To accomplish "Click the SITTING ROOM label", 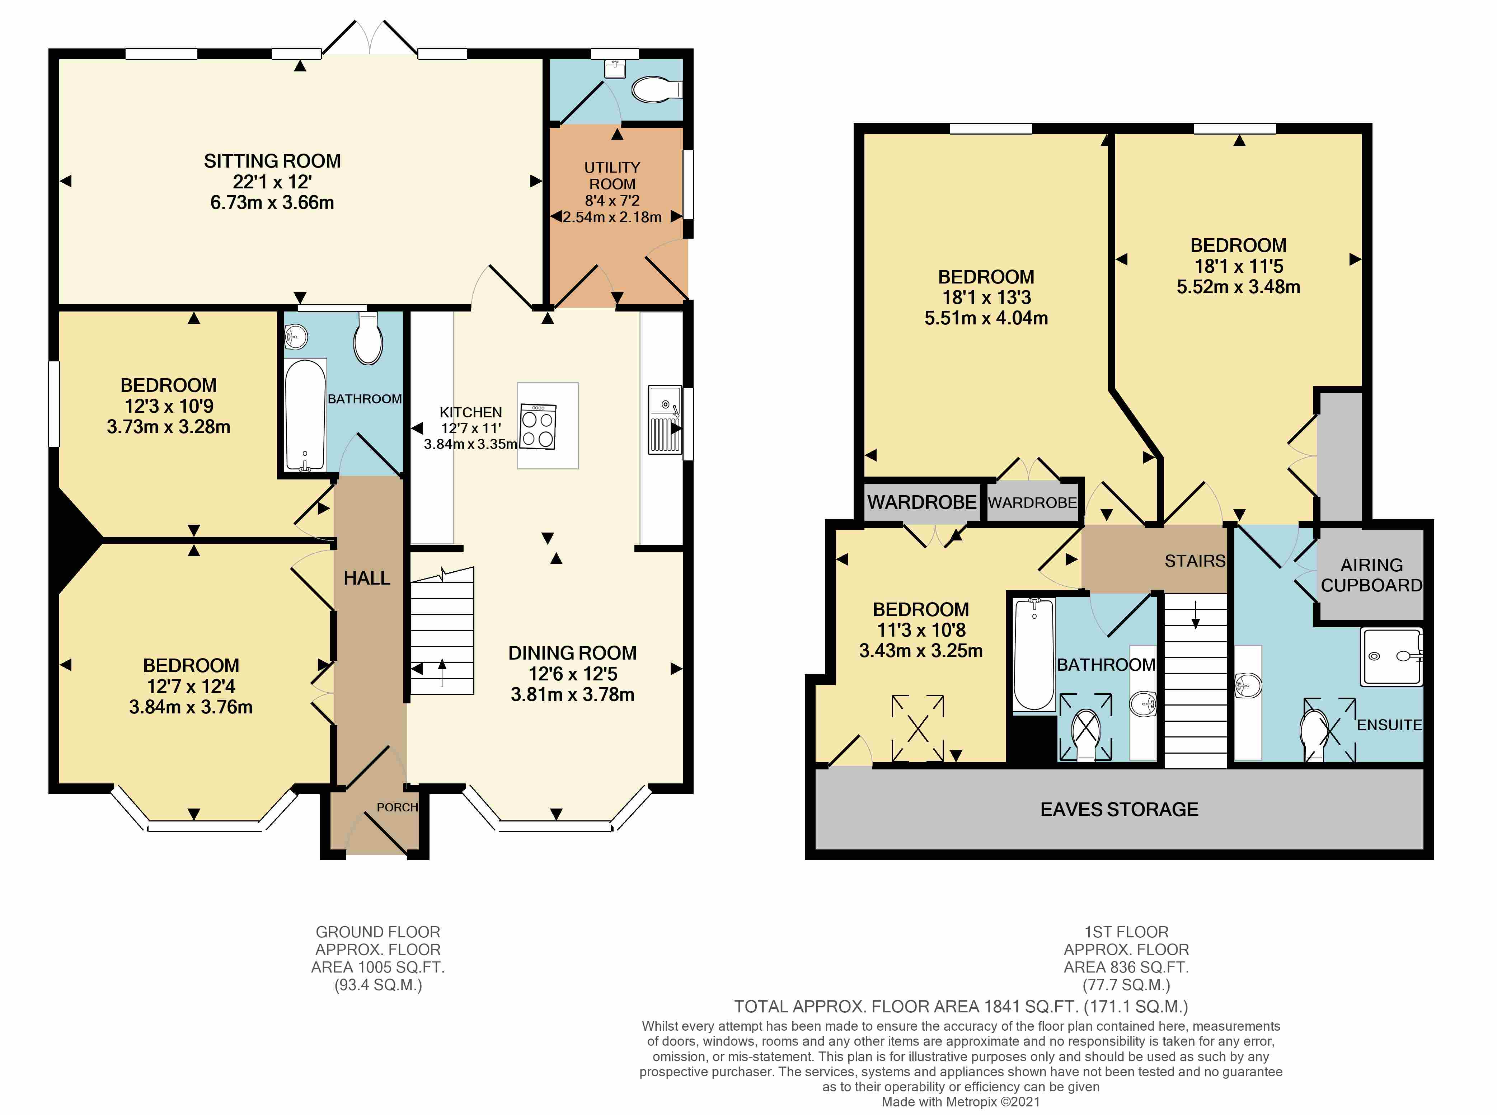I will click(x=272, y=161).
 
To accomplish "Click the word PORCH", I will click(x=397, y=807).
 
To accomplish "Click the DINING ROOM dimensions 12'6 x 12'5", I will click(x=572, y=674).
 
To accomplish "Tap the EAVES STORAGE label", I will click(x=1119, y=809).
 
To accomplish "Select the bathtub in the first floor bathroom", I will click(x=1033, y=653).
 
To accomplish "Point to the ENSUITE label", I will click(x=1389, y=725).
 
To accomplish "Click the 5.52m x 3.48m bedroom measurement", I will click(x=1238, y=287).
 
